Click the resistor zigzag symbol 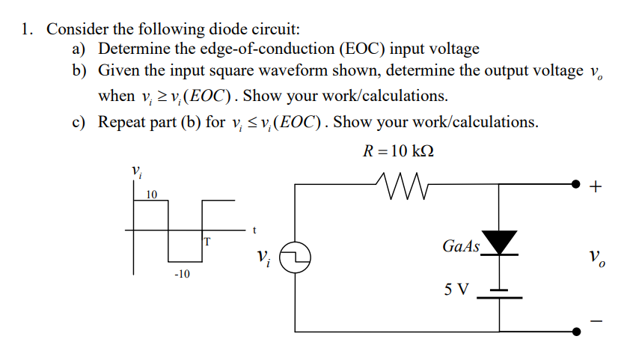400,182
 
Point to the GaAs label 461,245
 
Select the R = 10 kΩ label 397,150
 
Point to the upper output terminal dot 575,183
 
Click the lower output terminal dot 575,332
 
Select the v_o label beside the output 596,258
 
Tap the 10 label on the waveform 151,195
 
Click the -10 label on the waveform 182,274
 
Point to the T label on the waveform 207,240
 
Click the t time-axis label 255,230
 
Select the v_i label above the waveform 136,171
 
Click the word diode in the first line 229,30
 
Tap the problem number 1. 27,30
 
